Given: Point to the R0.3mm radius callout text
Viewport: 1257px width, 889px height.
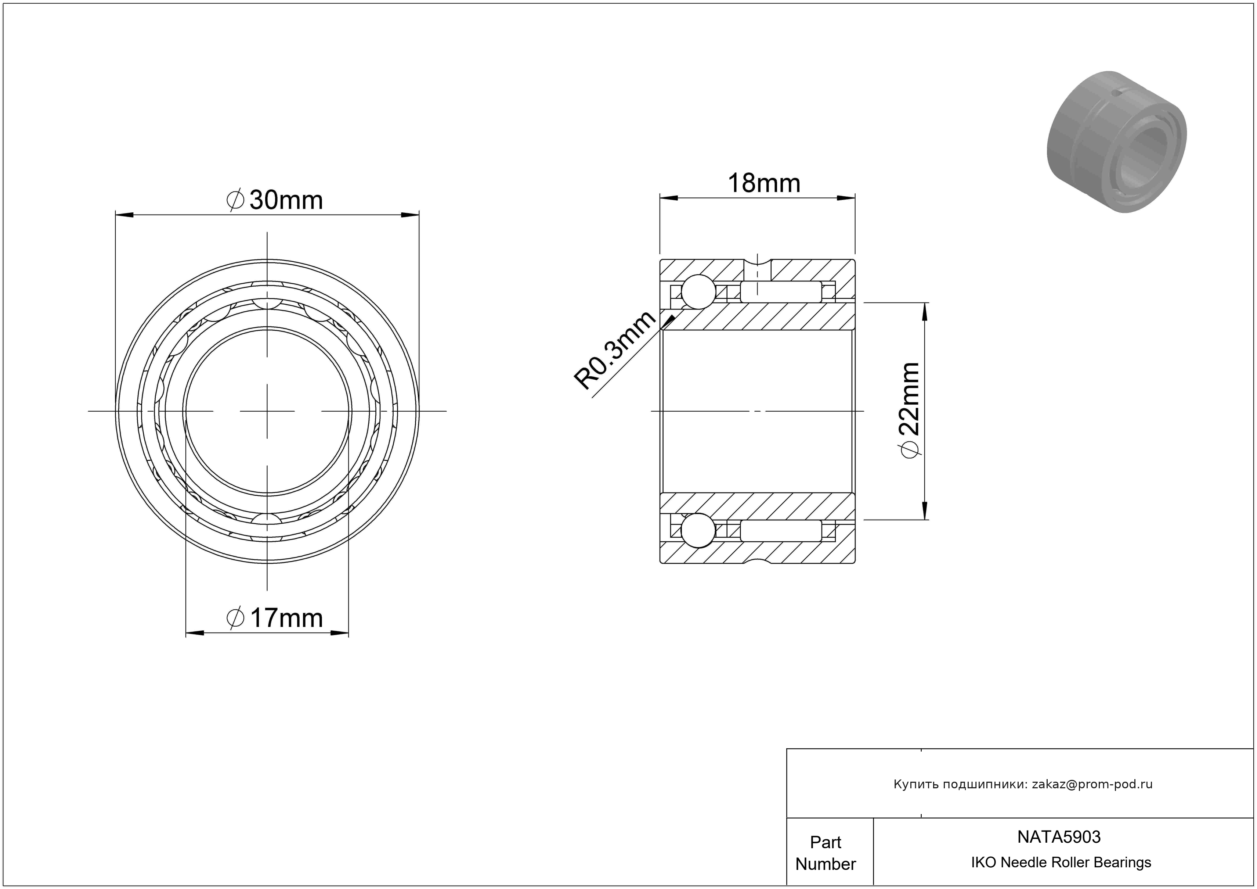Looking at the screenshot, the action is pos(614,351).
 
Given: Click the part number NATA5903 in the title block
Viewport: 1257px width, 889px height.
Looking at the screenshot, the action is pos(1059,836).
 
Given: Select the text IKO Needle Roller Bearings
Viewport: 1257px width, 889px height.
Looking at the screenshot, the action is pos(1061,862).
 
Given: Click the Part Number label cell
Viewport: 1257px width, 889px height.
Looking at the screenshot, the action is pos(826,853).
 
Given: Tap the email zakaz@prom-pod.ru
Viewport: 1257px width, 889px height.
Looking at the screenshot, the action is pos(1092,784).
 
